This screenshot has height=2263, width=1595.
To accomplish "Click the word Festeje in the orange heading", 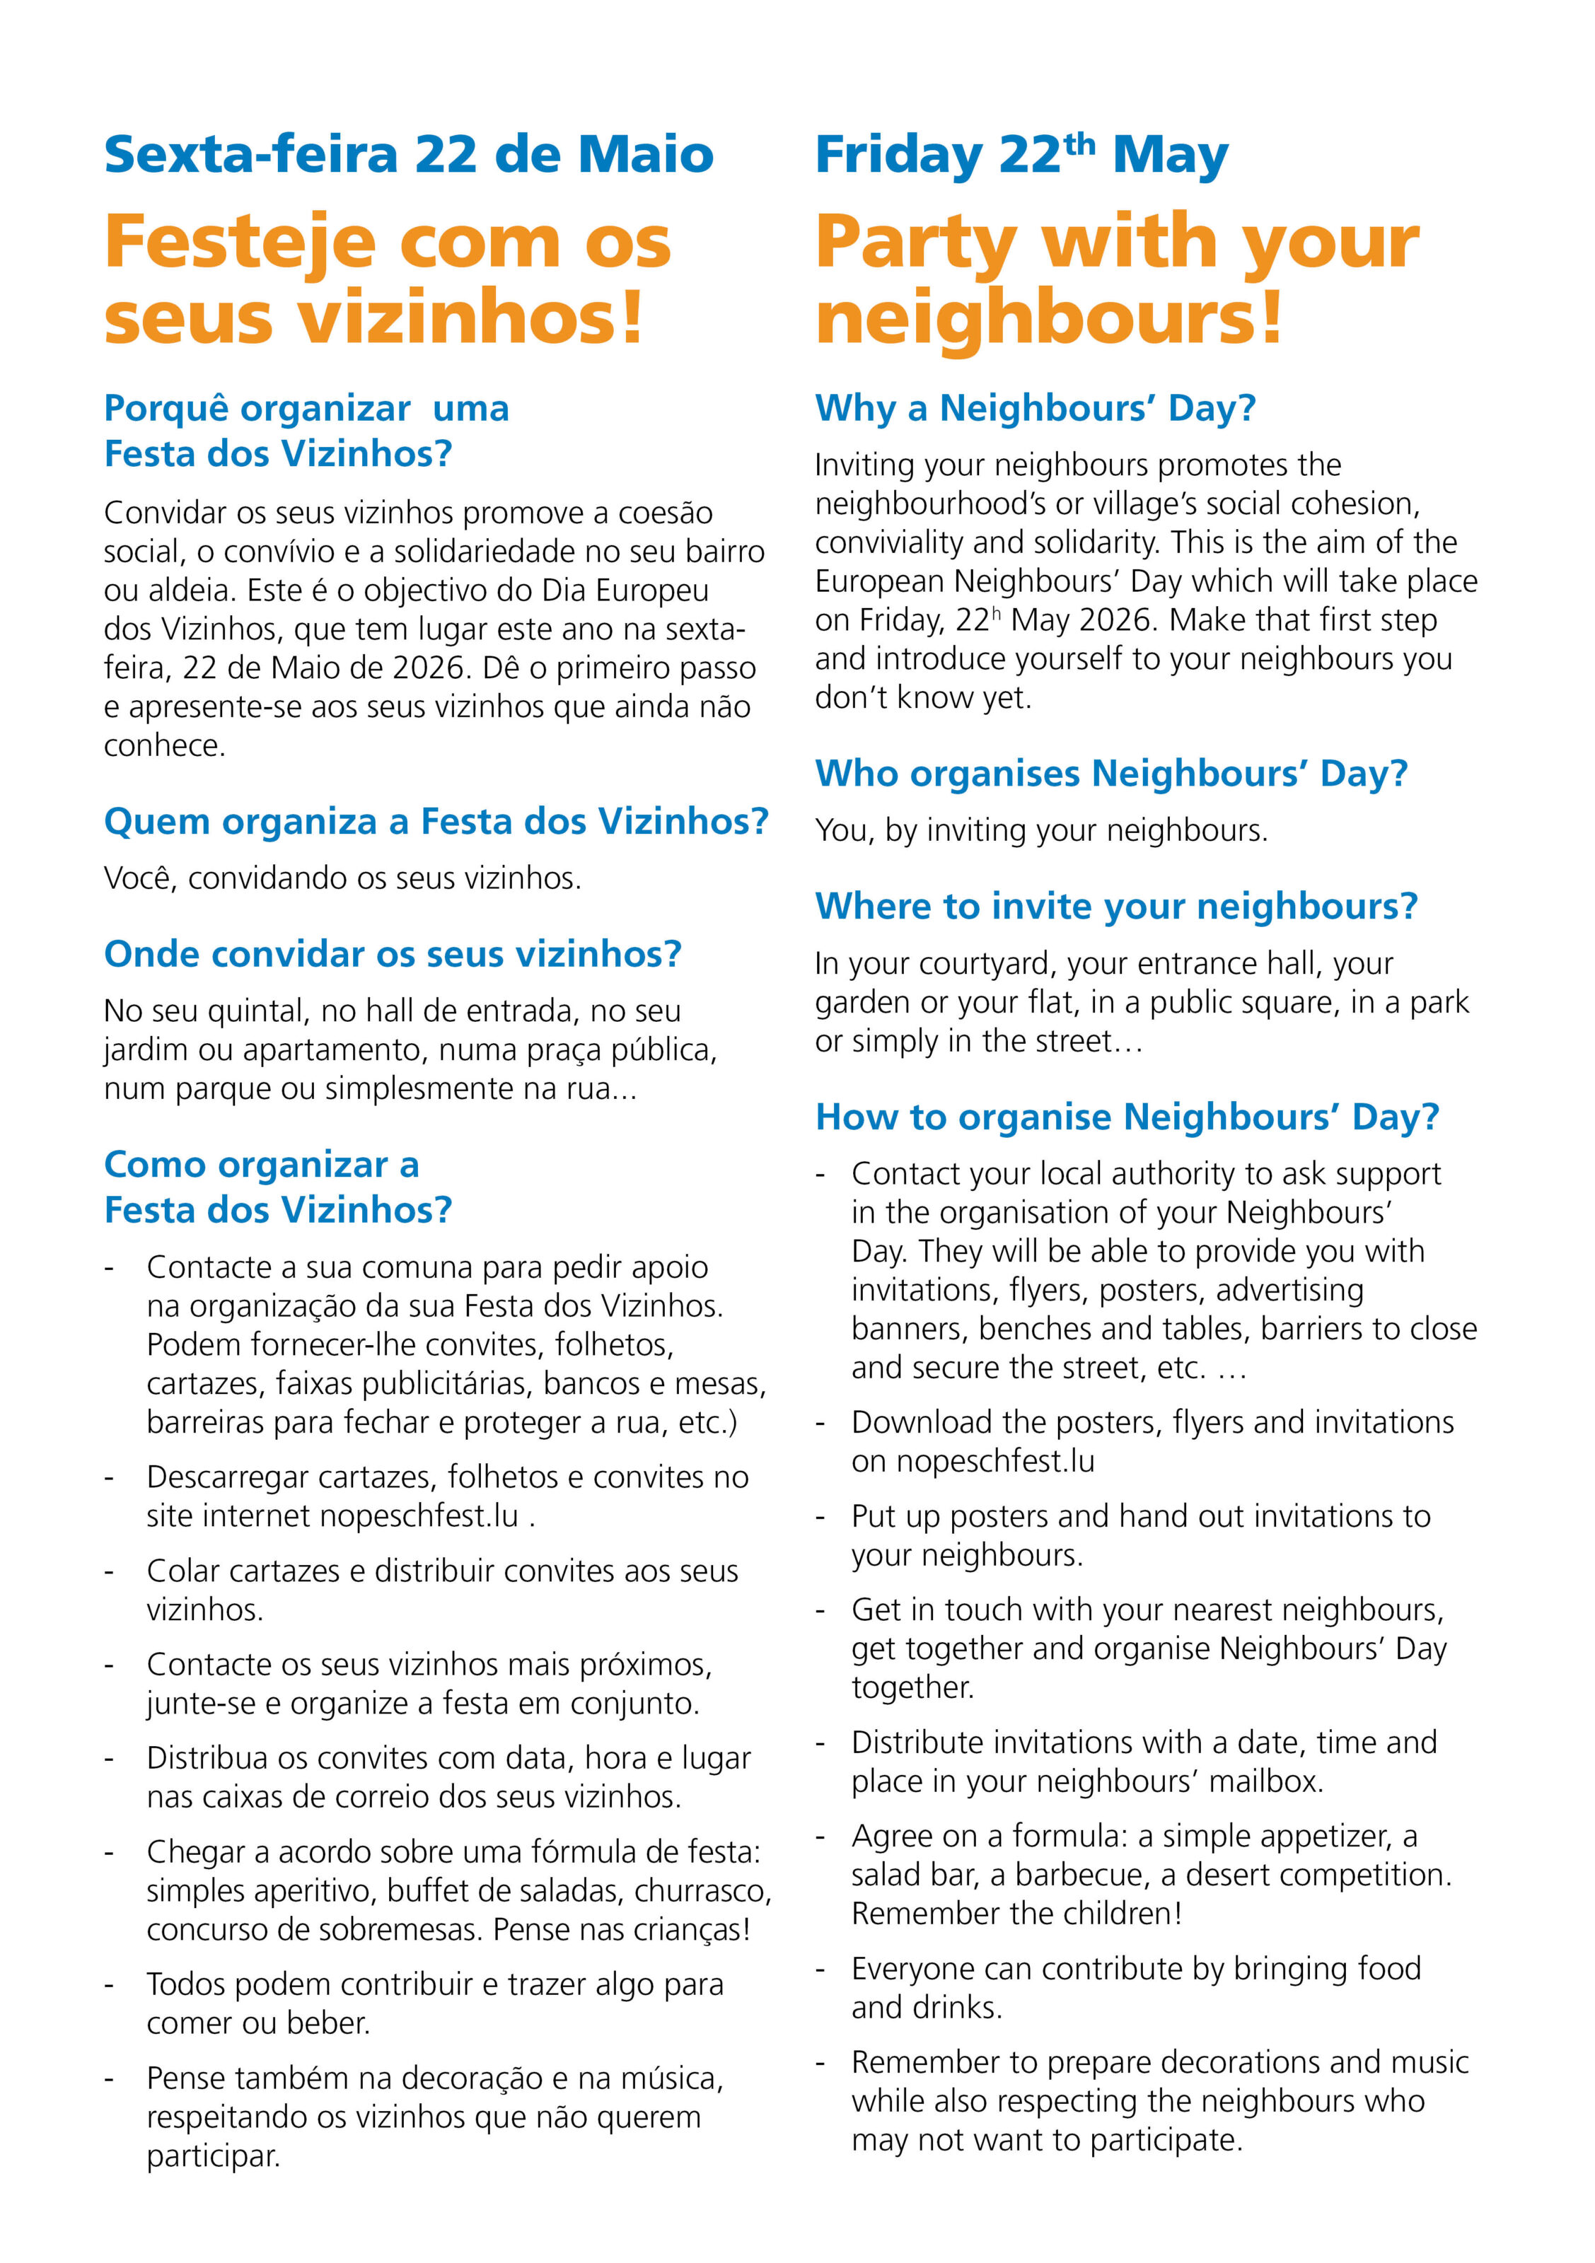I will point(240,243).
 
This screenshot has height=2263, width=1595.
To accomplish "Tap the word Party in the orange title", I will point(916,243).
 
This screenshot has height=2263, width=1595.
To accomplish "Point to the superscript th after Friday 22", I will point(1079,143).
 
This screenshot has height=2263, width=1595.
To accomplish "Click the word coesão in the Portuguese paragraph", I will point(666,513).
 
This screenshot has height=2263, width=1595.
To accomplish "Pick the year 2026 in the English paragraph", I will point(1118,620).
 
